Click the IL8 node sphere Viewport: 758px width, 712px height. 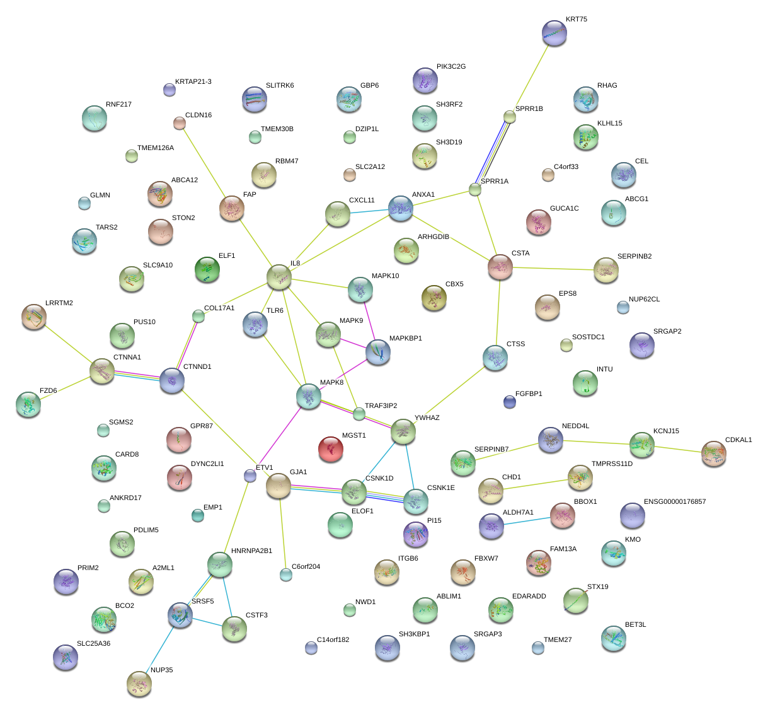pyautogui.click(x=279, y=276)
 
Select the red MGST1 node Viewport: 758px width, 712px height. pyautogui.click(x=331, y=449)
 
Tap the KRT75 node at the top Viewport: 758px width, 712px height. pyautogui.click(x=554, y=33)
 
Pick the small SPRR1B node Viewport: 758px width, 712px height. pyautogui.click(x=510, y=117)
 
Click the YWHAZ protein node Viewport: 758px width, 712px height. pyautogui.click(x=403, y=431)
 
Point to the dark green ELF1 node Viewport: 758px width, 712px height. pyautogui.click(x=207, y=269)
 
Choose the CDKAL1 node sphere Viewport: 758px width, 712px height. pyautogui.click(x=714, y=454)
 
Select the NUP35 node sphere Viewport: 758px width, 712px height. pyautogui.click(x=139, y=684)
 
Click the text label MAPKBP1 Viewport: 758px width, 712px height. pyautogui.click(x=406, y=339)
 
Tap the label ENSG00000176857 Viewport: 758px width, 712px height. pyautogui.click(x=675, y=502)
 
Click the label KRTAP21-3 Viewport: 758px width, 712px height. pyautogui.click(x=193, y=82)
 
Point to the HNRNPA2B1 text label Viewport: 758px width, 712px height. pyautogui.click(x=251, y=551)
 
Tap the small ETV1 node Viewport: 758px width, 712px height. pyautogui.click(x=250, y=476)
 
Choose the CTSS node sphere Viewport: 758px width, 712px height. pyautogui.click(x=495, y=358)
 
